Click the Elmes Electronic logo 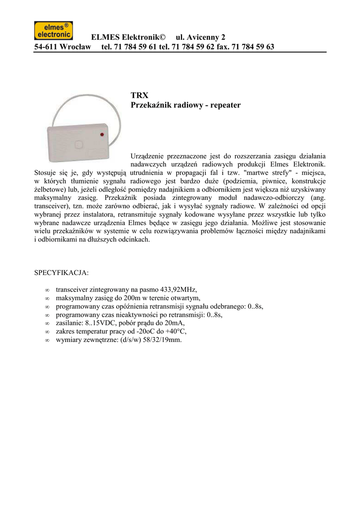click(x=53, y=30)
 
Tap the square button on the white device click(x=78, y=144)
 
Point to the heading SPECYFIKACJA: click(x=61, y=273)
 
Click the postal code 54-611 click(x=46, y=47)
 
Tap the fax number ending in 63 click(x=254, y=47)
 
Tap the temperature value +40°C click(x=175, y=332)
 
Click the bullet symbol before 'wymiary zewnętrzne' click(x=47, y=340)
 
